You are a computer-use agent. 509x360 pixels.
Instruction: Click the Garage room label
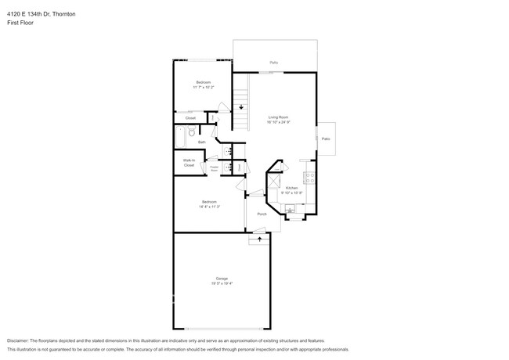tap(222, 279)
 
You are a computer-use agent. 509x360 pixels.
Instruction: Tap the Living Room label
tap(278, 117)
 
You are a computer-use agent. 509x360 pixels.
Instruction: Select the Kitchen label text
tap(291, 188)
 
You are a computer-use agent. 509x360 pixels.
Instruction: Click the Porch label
tap(262, 214)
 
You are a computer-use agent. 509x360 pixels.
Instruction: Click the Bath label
tap(201, 142)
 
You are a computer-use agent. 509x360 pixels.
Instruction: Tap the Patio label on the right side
tap(325, 139)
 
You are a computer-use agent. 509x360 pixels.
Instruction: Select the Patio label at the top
tap(274, 62)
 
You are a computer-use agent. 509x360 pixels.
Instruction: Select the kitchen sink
tap(290, 208)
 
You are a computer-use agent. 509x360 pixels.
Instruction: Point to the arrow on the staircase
tap(241, 106)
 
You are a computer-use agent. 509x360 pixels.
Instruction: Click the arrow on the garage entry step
tap(255, 240)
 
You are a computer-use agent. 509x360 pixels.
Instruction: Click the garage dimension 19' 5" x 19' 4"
tap(222, 283)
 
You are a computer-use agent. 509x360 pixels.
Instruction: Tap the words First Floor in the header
tap(20, 23)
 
